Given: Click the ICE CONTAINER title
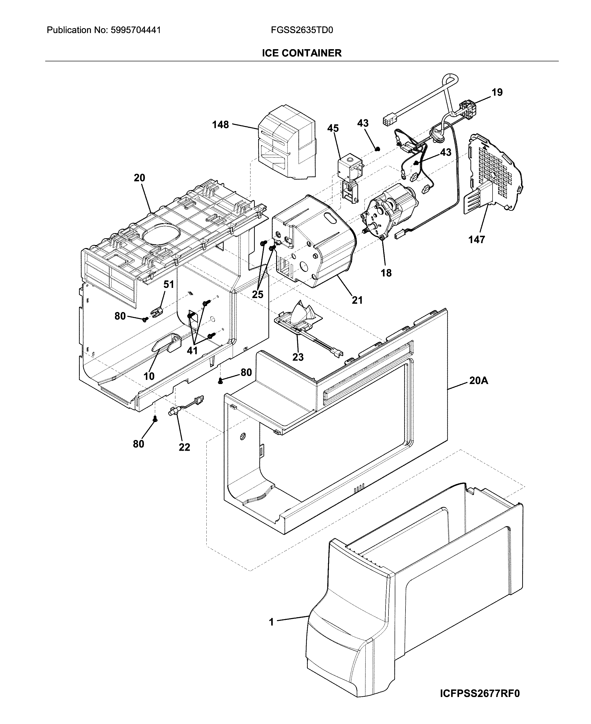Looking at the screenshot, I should (x=302, y=53).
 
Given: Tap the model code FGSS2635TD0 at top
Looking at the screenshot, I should (x=302, y=30).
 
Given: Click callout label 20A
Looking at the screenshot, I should (x=479, y=381).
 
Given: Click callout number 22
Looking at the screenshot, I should (x=184, y=447).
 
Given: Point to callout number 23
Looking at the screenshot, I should (x=298, y=357).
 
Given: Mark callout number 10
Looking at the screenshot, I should (x=149, y=376).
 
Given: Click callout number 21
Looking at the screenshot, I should (x=357, y=300).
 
